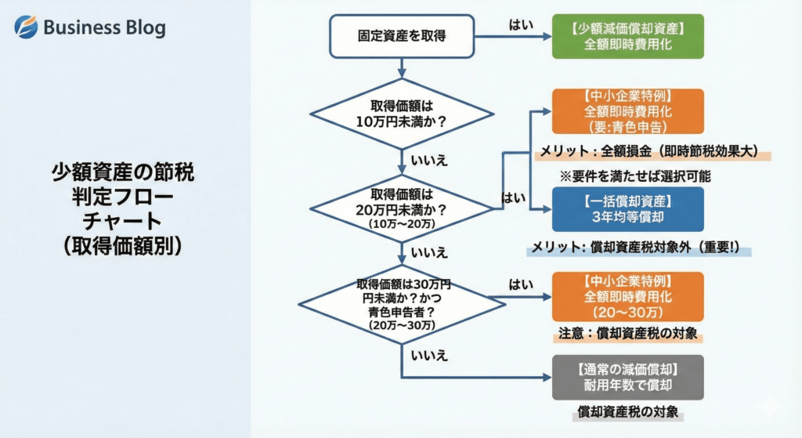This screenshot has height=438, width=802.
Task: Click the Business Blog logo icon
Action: [x=26, y=27]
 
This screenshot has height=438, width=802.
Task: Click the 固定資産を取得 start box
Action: [x=402, y=36]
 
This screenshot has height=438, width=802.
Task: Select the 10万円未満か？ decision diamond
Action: [x=402, y=114]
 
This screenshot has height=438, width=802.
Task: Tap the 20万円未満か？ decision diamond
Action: [x=402, y=208]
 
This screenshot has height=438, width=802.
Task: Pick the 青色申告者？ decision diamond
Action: [x=402, y=305]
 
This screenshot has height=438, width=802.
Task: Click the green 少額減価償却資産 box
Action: [x=627, y=36]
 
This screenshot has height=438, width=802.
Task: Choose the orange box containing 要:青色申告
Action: [x=627, y=111]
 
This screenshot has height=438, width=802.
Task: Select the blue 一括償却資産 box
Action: [x=627, y=209]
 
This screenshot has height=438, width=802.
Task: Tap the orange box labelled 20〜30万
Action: [x=627, y=297]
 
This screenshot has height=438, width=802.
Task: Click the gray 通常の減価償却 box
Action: [x=627, y=377]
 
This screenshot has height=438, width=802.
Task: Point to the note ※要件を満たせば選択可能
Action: [x=634, y=176]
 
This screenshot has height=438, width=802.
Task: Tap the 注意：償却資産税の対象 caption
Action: [x=627, y=334]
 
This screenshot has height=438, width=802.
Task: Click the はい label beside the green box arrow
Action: [x=521, y=24]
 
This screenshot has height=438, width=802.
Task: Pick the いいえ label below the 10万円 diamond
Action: [x=429, y=161]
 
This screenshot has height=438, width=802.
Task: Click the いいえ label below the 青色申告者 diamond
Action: [x=429, y=355]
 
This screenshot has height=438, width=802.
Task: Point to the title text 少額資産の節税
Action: [x=123, y=172]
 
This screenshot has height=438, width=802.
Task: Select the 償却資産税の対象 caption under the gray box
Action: [x=627, y=411]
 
